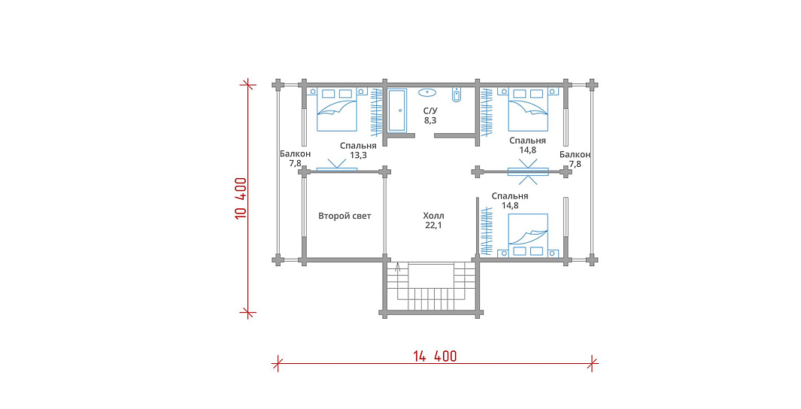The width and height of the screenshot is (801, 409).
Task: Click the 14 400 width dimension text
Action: (x=435, y=356)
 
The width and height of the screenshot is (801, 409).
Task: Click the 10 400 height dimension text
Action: (x=241, y=198)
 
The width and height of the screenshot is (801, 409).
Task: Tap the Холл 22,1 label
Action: (x=433, y=220)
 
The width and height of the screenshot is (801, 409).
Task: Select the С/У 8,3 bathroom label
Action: (x=429, y=115)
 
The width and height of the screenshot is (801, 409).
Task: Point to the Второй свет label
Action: (x=344, y=216)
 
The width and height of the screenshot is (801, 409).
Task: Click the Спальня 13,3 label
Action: (x=358, y=150)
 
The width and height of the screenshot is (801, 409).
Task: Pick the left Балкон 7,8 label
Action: (x=296, y=159)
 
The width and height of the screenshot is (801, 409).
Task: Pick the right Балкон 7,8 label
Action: (x=575, y=159)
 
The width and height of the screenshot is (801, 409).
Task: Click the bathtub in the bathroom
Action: (x=397, y=111)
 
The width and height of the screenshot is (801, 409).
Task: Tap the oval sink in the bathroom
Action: (x=426, y=92)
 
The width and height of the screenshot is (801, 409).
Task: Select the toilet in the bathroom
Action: (x=457, y=95)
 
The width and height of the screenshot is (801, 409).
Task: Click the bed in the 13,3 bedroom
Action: (x=337, y=109)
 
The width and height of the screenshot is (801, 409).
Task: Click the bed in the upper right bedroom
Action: (x=528, y=109)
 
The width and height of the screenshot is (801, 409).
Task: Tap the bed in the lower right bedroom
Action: (x=528, y=235)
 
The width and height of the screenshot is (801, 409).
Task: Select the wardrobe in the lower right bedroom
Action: (x=487, y=230)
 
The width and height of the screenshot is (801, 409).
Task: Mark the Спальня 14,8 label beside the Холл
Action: (x=510, y=201)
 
